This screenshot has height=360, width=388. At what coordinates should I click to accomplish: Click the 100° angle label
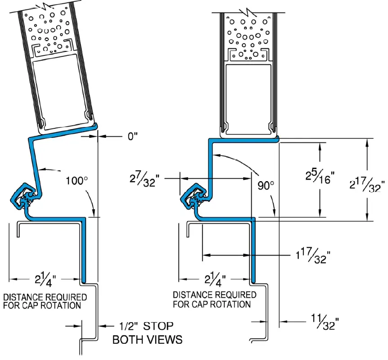(76, 182)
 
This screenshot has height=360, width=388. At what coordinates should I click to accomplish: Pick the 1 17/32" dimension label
(313, 256)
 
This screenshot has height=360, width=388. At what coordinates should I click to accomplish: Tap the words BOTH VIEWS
(147, 340)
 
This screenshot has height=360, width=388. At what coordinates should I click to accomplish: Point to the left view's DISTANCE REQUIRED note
(45, 297)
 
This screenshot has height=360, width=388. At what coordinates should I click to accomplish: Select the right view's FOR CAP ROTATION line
(212, 304)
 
